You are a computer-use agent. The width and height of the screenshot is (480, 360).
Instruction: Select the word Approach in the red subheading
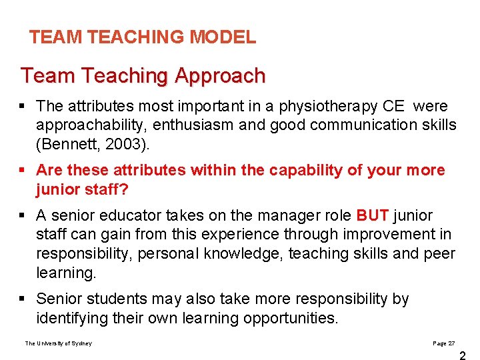220,76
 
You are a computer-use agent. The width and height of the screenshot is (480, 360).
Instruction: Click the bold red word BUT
373,216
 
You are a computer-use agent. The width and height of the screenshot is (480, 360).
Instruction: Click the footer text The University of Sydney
59,343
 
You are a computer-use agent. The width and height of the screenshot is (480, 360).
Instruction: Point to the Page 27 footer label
443,343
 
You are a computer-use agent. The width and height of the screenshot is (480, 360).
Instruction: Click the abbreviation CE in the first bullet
393,106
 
